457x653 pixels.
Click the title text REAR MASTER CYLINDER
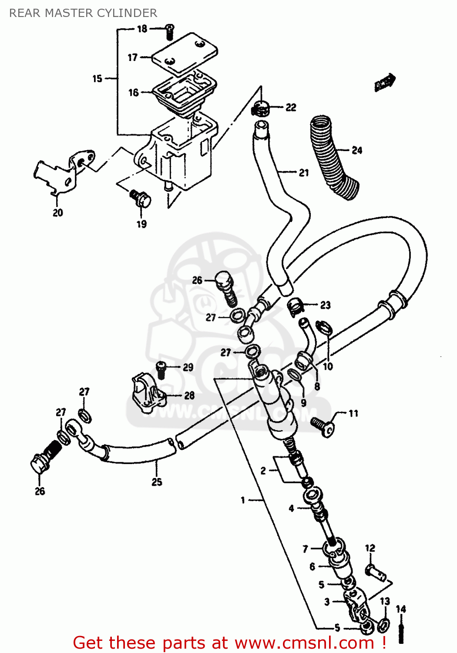point(83,13)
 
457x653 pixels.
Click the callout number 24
point(357,150)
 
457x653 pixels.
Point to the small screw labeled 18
point(170,31)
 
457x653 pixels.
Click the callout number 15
point(97,79)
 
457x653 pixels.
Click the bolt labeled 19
point(140,198)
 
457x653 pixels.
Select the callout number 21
point(304,173)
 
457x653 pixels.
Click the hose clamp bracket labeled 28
point(148,394)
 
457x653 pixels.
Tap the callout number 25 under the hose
point(157,482)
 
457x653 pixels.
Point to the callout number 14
point(401,609)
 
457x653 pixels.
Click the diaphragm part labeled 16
point(183,94)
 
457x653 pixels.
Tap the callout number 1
point(243,500)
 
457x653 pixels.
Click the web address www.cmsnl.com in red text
point(304,643)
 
